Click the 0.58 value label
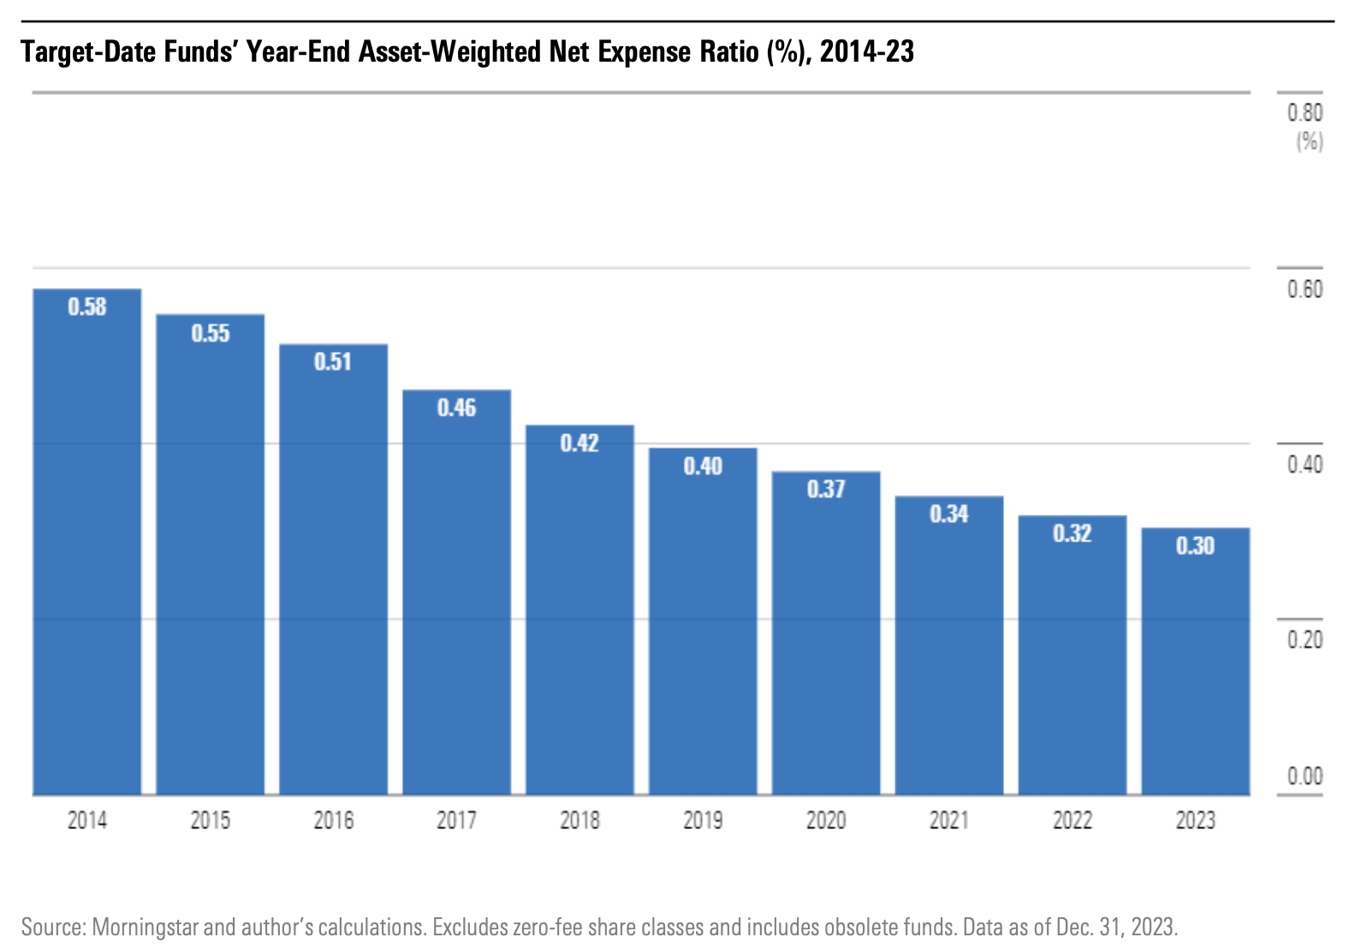point(87,307)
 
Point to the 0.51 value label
point(333,361)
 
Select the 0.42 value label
point(579,443)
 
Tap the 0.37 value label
point(826,489)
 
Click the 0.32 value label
point(1072,534)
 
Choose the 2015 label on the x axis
point(211,821)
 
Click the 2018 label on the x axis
point(579,821)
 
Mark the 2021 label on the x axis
point(949,821)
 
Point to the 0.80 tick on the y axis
point(1304,113)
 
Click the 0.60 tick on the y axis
point(1304,289)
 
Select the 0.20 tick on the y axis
point(1304,640)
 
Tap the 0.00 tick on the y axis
point(1304,776)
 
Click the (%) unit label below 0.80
point(1309,140)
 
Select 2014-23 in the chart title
point(866,52)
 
